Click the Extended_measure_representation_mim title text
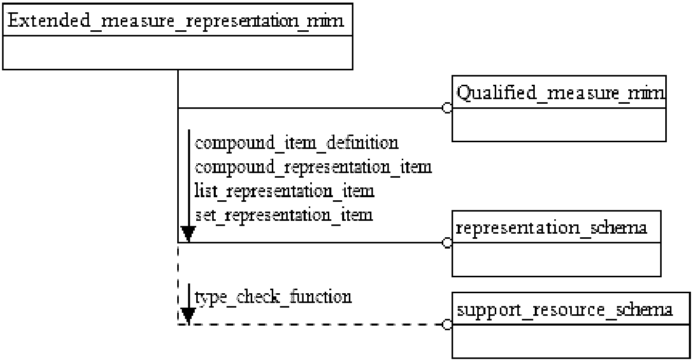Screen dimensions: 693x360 coord(176,21)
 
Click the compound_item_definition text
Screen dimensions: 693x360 coord(296,143)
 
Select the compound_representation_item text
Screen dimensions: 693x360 coord(313,167)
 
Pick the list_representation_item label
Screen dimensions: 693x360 coord(284,191)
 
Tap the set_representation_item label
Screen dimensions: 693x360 coord(284,215)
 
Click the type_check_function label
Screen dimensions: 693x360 coord(273,297)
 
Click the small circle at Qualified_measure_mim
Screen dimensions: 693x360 coord(447,108)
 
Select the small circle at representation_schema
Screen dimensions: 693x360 coord(447,243)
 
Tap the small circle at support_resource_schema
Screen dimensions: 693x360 coord(447,325)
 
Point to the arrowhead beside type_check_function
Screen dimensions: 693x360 coord(189,316)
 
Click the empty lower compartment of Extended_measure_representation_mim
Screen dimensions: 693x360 coord(178,52)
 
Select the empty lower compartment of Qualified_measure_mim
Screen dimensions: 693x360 coord(559,125)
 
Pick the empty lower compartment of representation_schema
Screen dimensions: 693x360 coord(556,259)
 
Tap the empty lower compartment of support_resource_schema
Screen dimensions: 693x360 coord(571,342)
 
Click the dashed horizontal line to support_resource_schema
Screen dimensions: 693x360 coord(310,325)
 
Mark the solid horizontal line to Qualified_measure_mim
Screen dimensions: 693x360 coord(310,108)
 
